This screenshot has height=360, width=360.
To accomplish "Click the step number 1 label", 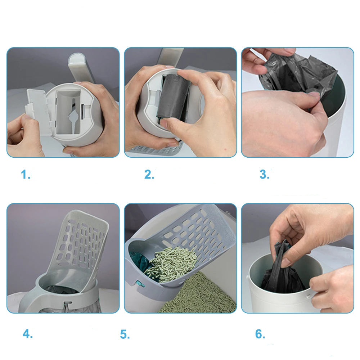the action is click(26, 175).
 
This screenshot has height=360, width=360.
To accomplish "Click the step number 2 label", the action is click(149, 175).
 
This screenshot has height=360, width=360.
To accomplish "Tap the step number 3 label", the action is click(264, 174).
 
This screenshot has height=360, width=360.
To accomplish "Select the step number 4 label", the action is click(28, 334).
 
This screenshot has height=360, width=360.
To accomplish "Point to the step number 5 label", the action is click(125, 334).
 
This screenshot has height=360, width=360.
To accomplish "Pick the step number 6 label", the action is click(260, 334).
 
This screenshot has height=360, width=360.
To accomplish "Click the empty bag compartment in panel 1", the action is click(68, 112).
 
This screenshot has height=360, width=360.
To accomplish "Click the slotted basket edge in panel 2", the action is click(156, 150).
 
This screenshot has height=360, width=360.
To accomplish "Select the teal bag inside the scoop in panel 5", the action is click(140, 262).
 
